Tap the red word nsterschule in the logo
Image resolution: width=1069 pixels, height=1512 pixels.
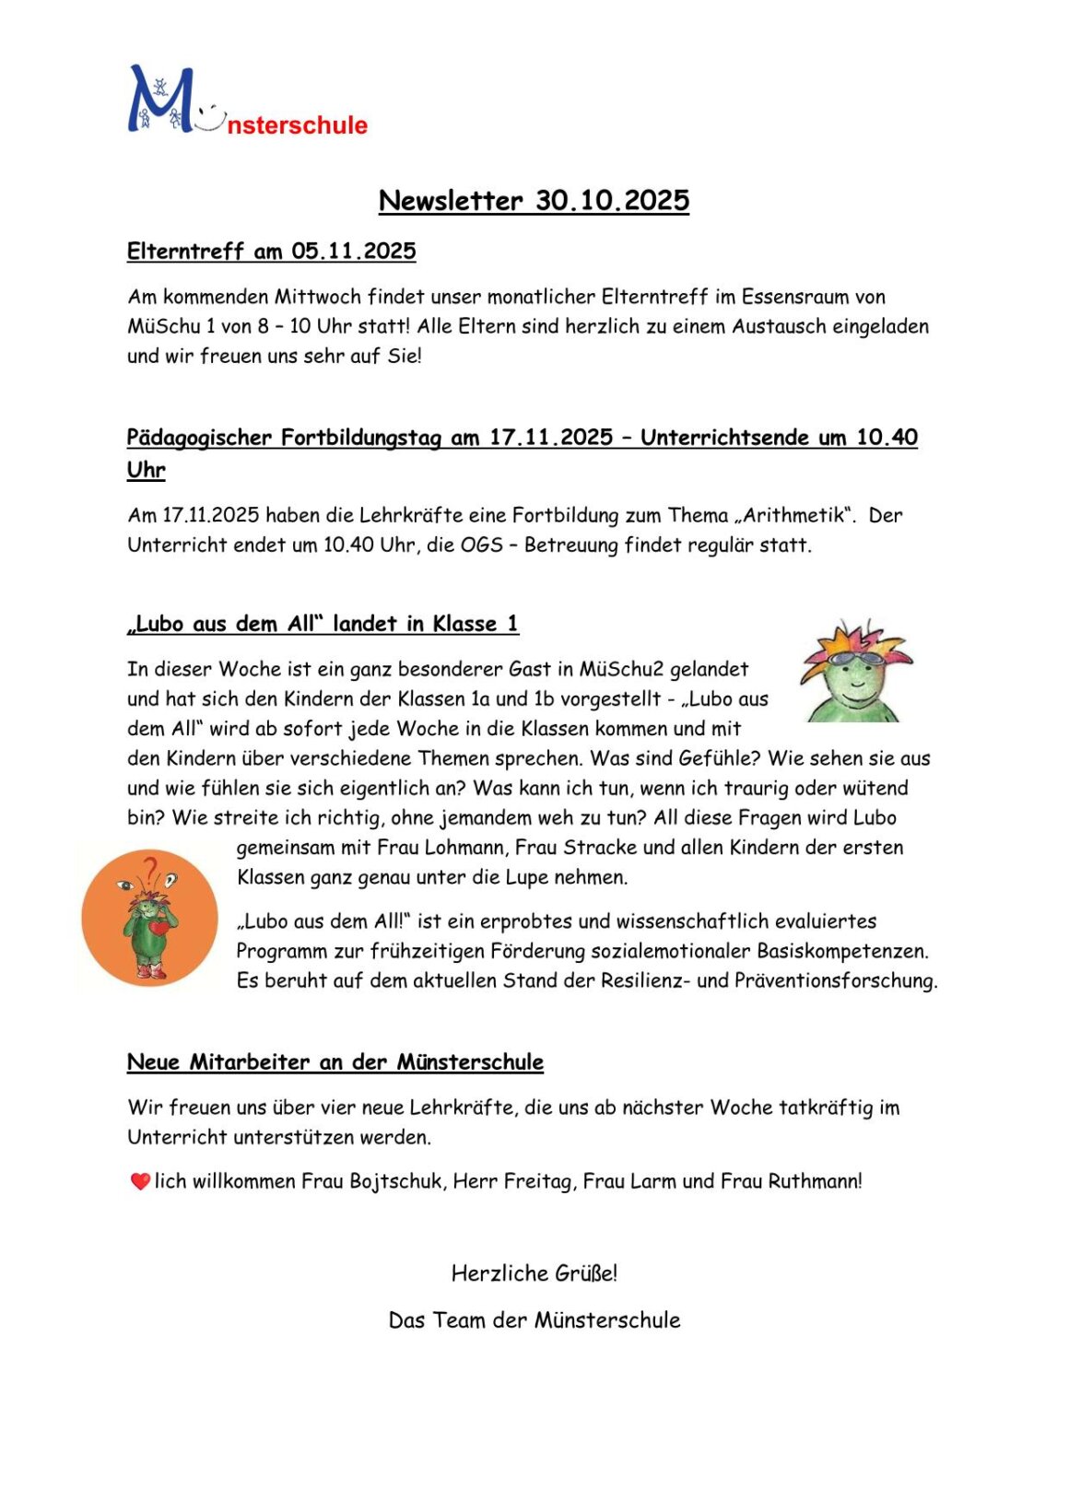coord(297,125)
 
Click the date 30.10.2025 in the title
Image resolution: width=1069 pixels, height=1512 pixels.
coord(613,201)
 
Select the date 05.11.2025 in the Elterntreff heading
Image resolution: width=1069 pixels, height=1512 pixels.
coord(354,251)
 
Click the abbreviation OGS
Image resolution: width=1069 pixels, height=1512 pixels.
coord(481,545)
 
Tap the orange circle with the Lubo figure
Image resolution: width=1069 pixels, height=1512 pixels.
coord(149,918)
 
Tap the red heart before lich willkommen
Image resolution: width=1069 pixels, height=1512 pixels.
coord(140,1181)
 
